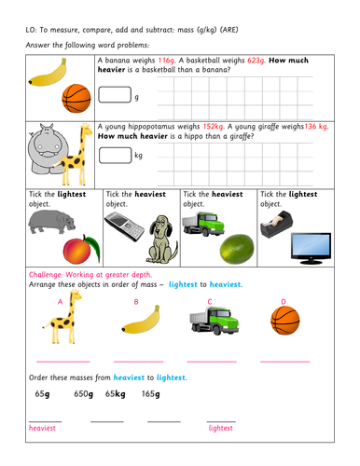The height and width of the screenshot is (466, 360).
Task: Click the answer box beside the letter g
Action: tap(114, 94)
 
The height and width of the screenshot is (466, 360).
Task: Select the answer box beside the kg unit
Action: tap(114, 155)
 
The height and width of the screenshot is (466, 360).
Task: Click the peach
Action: tap(76, 249)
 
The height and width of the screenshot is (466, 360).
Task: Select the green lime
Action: tap(232, 247)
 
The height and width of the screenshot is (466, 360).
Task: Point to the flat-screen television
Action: tap(312, 245)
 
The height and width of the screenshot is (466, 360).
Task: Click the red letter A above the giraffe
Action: tap(61, 302)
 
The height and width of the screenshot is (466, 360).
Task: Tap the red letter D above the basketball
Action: tap(284, 301)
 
